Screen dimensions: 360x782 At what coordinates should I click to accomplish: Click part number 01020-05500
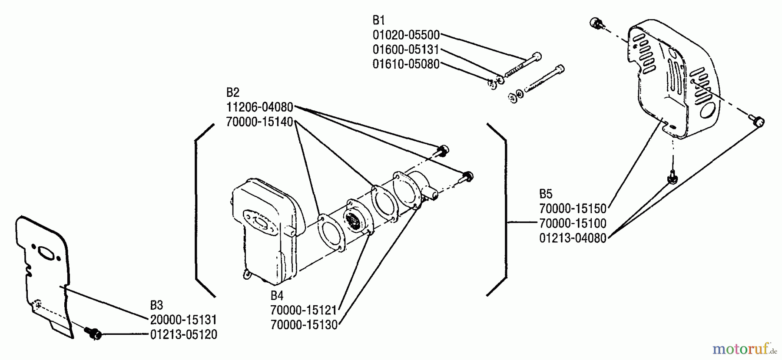[x=406, y=35]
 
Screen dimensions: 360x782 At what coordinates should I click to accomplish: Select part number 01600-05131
[x=406, y=50]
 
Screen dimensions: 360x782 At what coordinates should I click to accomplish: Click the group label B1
[x=379, y=20]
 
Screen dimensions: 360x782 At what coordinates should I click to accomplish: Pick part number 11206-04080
[x=260, y=107]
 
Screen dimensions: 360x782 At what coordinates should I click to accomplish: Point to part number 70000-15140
[x=260, y=122]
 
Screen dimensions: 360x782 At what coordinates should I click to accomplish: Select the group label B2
[x=233, y=92]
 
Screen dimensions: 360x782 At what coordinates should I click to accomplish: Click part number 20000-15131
[x=183, y=320]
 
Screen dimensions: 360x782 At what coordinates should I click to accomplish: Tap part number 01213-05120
[x=183, y=335]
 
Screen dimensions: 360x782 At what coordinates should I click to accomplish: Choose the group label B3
[x=156, y=305]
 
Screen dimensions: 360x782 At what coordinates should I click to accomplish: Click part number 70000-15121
[x=304, y=310]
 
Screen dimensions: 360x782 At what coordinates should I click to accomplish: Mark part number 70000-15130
[x=304, y=325]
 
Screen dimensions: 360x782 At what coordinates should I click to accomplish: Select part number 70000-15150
[x=573, y=209]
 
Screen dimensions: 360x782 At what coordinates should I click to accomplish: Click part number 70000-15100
[x=573, y=224]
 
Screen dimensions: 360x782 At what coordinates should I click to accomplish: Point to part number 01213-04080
[x=573, y=238]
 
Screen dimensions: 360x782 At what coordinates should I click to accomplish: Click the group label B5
[x=546, y=194]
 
